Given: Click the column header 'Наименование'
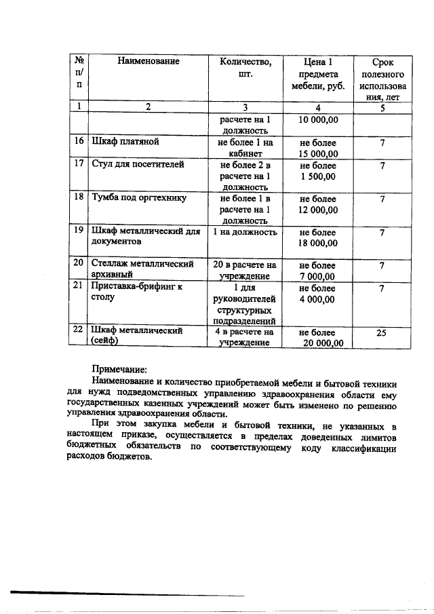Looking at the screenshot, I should (148, 62).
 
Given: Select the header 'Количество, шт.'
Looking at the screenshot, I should (245, 68).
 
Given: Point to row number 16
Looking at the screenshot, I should (79, 142).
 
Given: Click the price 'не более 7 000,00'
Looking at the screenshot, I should (318, 270).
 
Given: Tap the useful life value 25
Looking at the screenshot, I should (383, 332).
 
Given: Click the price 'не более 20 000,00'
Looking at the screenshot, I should (318, 338).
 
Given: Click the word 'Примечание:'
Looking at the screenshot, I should (119, 370).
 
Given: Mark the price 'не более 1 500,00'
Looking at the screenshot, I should (318, 170).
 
